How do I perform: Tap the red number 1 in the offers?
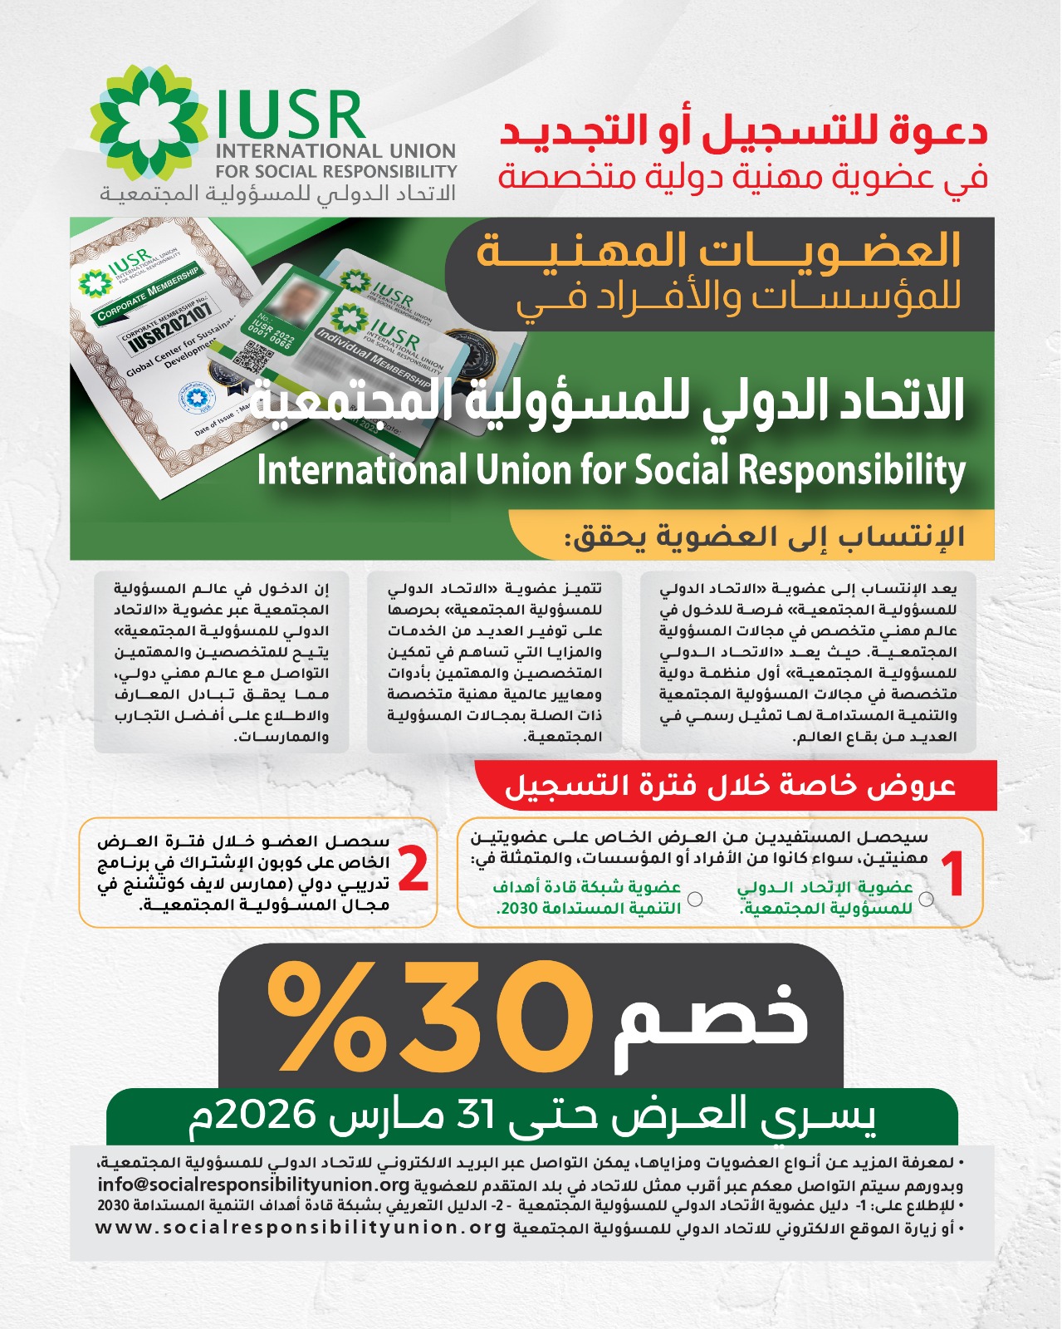[x=955, y=875]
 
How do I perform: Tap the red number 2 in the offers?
[x=413, y=870]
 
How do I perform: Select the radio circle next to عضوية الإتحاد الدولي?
[x=927, y=899]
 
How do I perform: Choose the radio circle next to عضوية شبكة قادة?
[x=696, y=899]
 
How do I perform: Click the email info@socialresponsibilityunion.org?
[x=254, y=1184]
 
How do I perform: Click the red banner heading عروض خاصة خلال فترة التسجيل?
[x=731, y=785]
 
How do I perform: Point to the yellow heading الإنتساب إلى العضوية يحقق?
[x=764, y=537]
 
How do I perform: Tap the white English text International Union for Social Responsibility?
[x=610, y=470]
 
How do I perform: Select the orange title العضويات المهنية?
[x=718, y=251]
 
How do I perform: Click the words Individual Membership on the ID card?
[x=374, y=359]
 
